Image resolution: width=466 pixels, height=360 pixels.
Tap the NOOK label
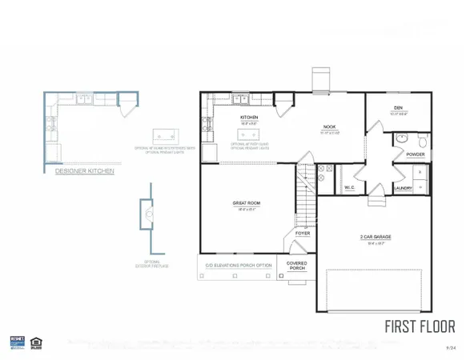(329, 126)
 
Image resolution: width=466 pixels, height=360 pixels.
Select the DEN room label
(398, 110)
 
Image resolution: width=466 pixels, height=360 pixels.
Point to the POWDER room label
(415, 154)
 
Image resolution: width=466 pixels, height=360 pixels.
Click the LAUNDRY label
(403, 188)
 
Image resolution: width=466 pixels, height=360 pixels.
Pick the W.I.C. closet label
(350, 188)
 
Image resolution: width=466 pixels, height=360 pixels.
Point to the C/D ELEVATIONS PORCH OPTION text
(238, 265)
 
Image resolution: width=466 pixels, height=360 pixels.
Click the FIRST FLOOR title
(420, 326)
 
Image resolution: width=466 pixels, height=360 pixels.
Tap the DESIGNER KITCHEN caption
(84, 170)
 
